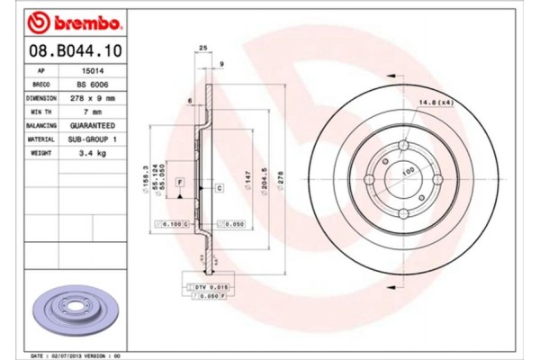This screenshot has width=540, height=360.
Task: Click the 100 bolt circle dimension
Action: pos(407,170)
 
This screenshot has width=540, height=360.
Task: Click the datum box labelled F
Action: pos(180,183)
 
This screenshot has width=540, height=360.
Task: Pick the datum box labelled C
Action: pos(219,187)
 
